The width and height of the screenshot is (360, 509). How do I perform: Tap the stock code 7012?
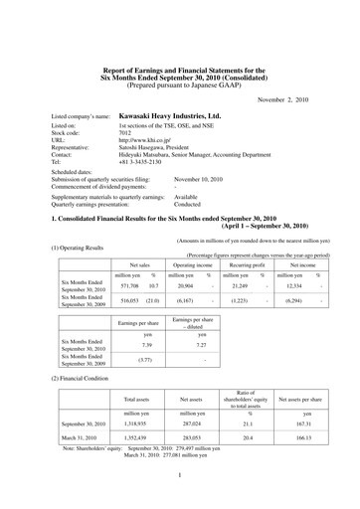tap(125, 136)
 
